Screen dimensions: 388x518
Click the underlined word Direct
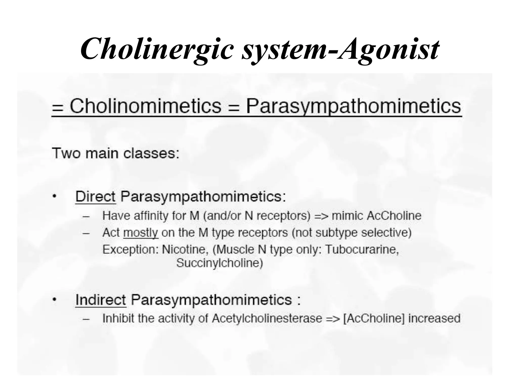(x=95, y=196)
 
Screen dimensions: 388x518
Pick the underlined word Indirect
(x=100, y=300)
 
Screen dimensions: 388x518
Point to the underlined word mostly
(x=140, y=233)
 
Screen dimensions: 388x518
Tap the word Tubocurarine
(x=362, y=250)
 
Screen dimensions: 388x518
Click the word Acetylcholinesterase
(x=267, y=318)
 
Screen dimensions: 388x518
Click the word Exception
(x=130, y=250)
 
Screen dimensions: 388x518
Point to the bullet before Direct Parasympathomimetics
(x=54, y=196)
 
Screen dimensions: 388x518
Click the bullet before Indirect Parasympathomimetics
(x=54, y=300)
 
